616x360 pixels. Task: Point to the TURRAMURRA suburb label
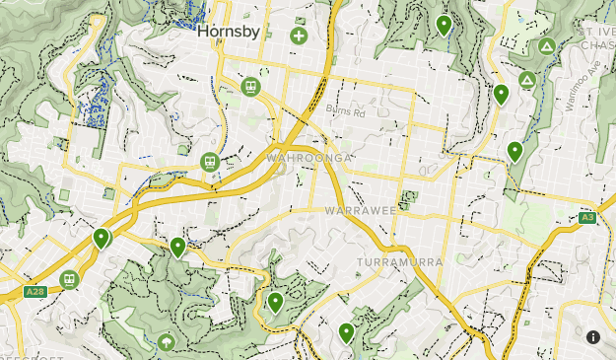click(x=400, y=260)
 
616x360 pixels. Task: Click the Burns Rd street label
click(x=346, y=111)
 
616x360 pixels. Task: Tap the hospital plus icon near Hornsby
click(x=299, y=36)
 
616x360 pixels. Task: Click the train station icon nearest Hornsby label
click(x=251, y=87)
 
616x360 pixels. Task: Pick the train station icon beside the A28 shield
click(x=69, y=279)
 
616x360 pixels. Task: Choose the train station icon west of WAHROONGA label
click(x=209, y=162)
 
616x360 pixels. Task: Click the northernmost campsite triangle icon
click(x=546, y=46)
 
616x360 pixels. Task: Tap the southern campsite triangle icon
click(x=527, y=79)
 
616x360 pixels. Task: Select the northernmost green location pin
click(x=444, y=24)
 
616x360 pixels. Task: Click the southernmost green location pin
click(x=346, y=331)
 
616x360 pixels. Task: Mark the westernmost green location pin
click(x=101, y=237)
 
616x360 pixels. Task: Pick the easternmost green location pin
click(x=513, y=150)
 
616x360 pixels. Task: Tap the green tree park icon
click(x=166, y=342)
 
